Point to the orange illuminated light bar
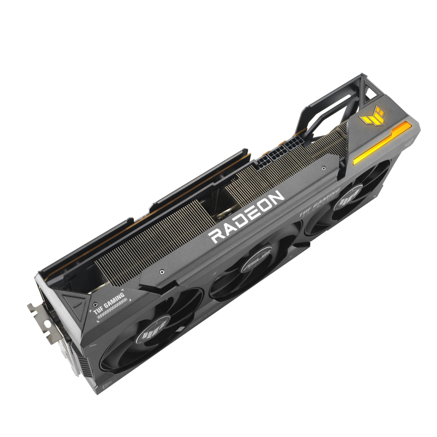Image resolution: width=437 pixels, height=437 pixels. click(382, 142)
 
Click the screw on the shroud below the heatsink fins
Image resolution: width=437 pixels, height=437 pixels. click(162, 269)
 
